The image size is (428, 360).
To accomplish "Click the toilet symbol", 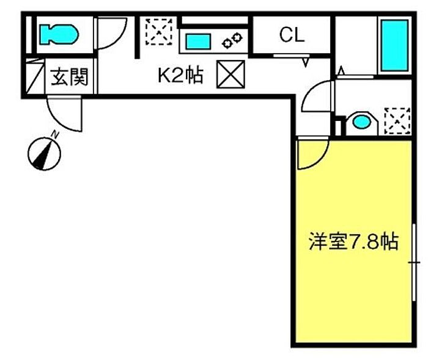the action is pyautogui.click(x=59, y=34).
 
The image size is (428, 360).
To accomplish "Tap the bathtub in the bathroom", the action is pyautogui.click(x=395, y=45).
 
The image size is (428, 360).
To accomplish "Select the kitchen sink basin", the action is pyautogui.click(x=198, y=42).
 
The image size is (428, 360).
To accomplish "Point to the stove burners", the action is pyautogui.click(x=232, y=40).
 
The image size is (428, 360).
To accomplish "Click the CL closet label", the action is pyautogui.click(x=292, y=35).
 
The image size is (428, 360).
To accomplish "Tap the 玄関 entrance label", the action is pyautogui.click(x=70, y=76).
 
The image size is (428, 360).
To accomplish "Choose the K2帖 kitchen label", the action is pyautogui.click(x=181, y=75).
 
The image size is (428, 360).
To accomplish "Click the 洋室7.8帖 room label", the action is pyautogui.click(x=354, y=241).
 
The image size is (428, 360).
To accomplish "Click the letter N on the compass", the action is pyautogui.click(x=56, y=134).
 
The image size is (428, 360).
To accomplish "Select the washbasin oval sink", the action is pyautogui.click(x=361, y=122).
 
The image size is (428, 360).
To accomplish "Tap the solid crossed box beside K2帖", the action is pyautogui.click(x=231, y=74).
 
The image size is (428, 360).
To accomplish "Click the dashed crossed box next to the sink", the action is pyautogui.click(x=158, y=31).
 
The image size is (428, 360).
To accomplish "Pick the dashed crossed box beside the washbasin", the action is pyautogui.click(x=397, y=121).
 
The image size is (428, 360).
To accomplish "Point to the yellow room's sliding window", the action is pyautogui.click(x=414, y=262).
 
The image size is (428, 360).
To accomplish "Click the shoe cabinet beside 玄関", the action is pyautogui.click(x=35, y=76).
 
